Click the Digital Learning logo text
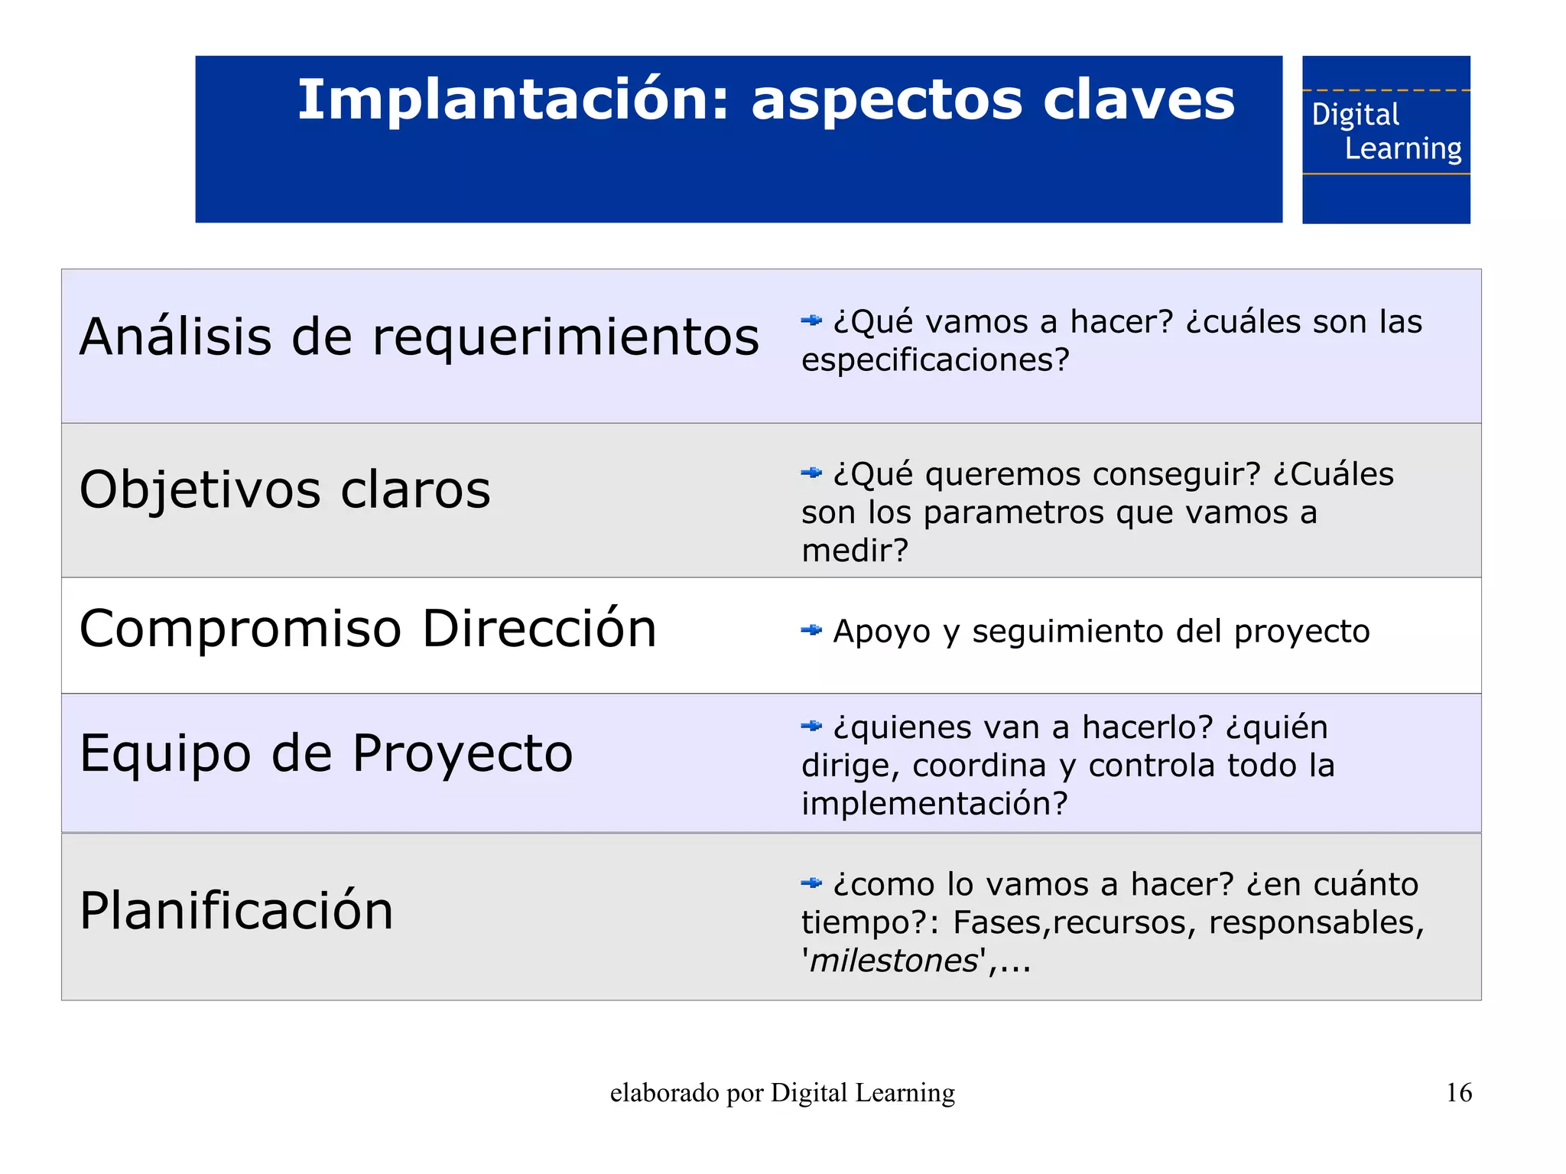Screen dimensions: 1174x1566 click(1386, 132)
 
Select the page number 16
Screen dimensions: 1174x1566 click(1458, 1092)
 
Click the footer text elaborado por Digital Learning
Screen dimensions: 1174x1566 click(782, 1093)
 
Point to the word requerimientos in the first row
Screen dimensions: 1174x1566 click(566, 337)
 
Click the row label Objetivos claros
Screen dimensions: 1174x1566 click(284, 489)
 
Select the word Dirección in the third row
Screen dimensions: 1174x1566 click(539, 629)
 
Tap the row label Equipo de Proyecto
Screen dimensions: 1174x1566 click(326, 753)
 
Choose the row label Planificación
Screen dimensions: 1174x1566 click(236, 911)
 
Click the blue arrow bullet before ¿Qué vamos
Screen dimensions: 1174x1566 click(811, 320)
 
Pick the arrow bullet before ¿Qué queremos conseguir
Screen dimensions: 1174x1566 click(811, 473)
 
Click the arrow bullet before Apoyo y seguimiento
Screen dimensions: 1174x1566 click(811, 630)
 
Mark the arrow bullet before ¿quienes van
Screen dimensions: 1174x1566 click(811, 726)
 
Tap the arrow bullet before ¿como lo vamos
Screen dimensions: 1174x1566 click(811, 883)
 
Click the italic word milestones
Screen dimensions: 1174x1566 click(893, 961)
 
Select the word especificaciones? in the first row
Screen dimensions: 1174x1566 click(934, 360)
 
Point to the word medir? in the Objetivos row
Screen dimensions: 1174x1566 click(854, 551)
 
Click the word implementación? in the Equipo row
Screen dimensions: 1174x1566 click(934, 804)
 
